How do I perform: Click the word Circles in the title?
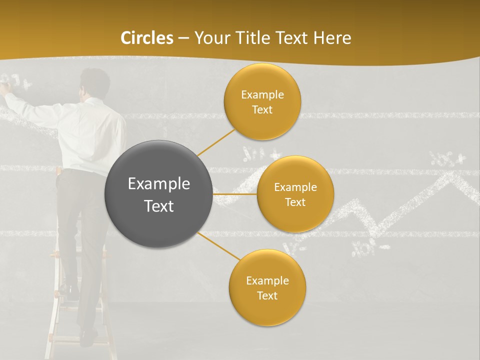tap(147, 38)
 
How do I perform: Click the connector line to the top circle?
tap(216, 142)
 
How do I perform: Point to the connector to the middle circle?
tap(235, 194)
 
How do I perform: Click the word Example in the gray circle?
tap(159, 184)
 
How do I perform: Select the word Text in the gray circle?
tap(159, 206)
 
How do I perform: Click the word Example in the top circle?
tap(262, 95)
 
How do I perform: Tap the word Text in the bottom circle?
tap(267, 296)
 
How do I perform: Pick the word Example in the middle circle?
tap(295, 187)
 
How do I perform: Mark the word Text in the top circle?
tap(262, 110)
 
